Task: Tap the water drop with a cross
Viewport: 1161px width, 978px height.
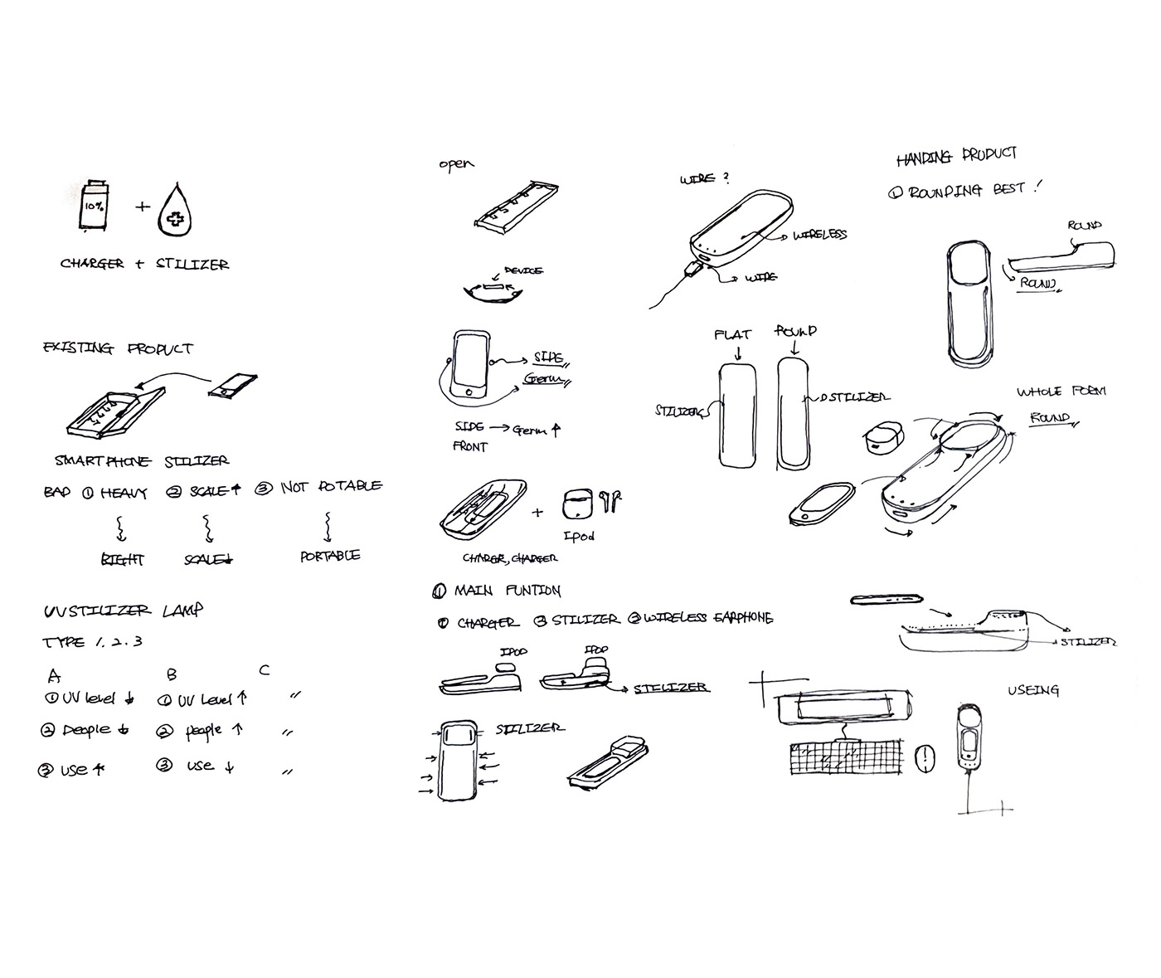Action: [176, 212]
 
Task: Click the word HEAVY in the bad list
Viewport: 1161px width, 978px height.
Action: [124, 493]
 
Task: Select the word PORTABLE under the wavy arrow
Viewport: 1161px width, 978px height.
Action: [330, 556]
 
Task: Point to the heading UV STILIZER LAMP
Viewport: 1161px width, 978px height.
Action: [123, 611]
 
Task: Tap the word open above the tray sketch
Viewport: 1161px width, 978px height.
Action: [456, 164]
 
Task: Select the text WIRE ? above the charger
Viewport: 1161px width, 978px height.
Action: [704, 178]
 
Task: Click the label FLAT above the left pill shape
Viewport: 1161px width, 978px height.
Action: [732, 334]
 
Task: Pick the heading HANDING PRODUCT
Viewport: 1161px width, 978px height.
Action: [956, 155]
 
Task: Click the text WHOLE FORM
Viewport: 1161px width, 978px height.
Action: [1061, 391]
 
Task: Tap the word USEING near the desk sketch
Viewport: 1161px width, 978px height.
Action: [1032, 689]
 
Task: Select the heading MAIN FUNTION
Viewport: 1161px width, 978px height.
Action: [507, 591]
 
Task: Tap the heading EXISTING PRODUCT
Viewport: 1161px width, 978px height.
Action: [118, 348]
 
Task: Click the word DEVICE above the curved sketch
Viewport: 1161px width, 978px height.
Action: [523, 271]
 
